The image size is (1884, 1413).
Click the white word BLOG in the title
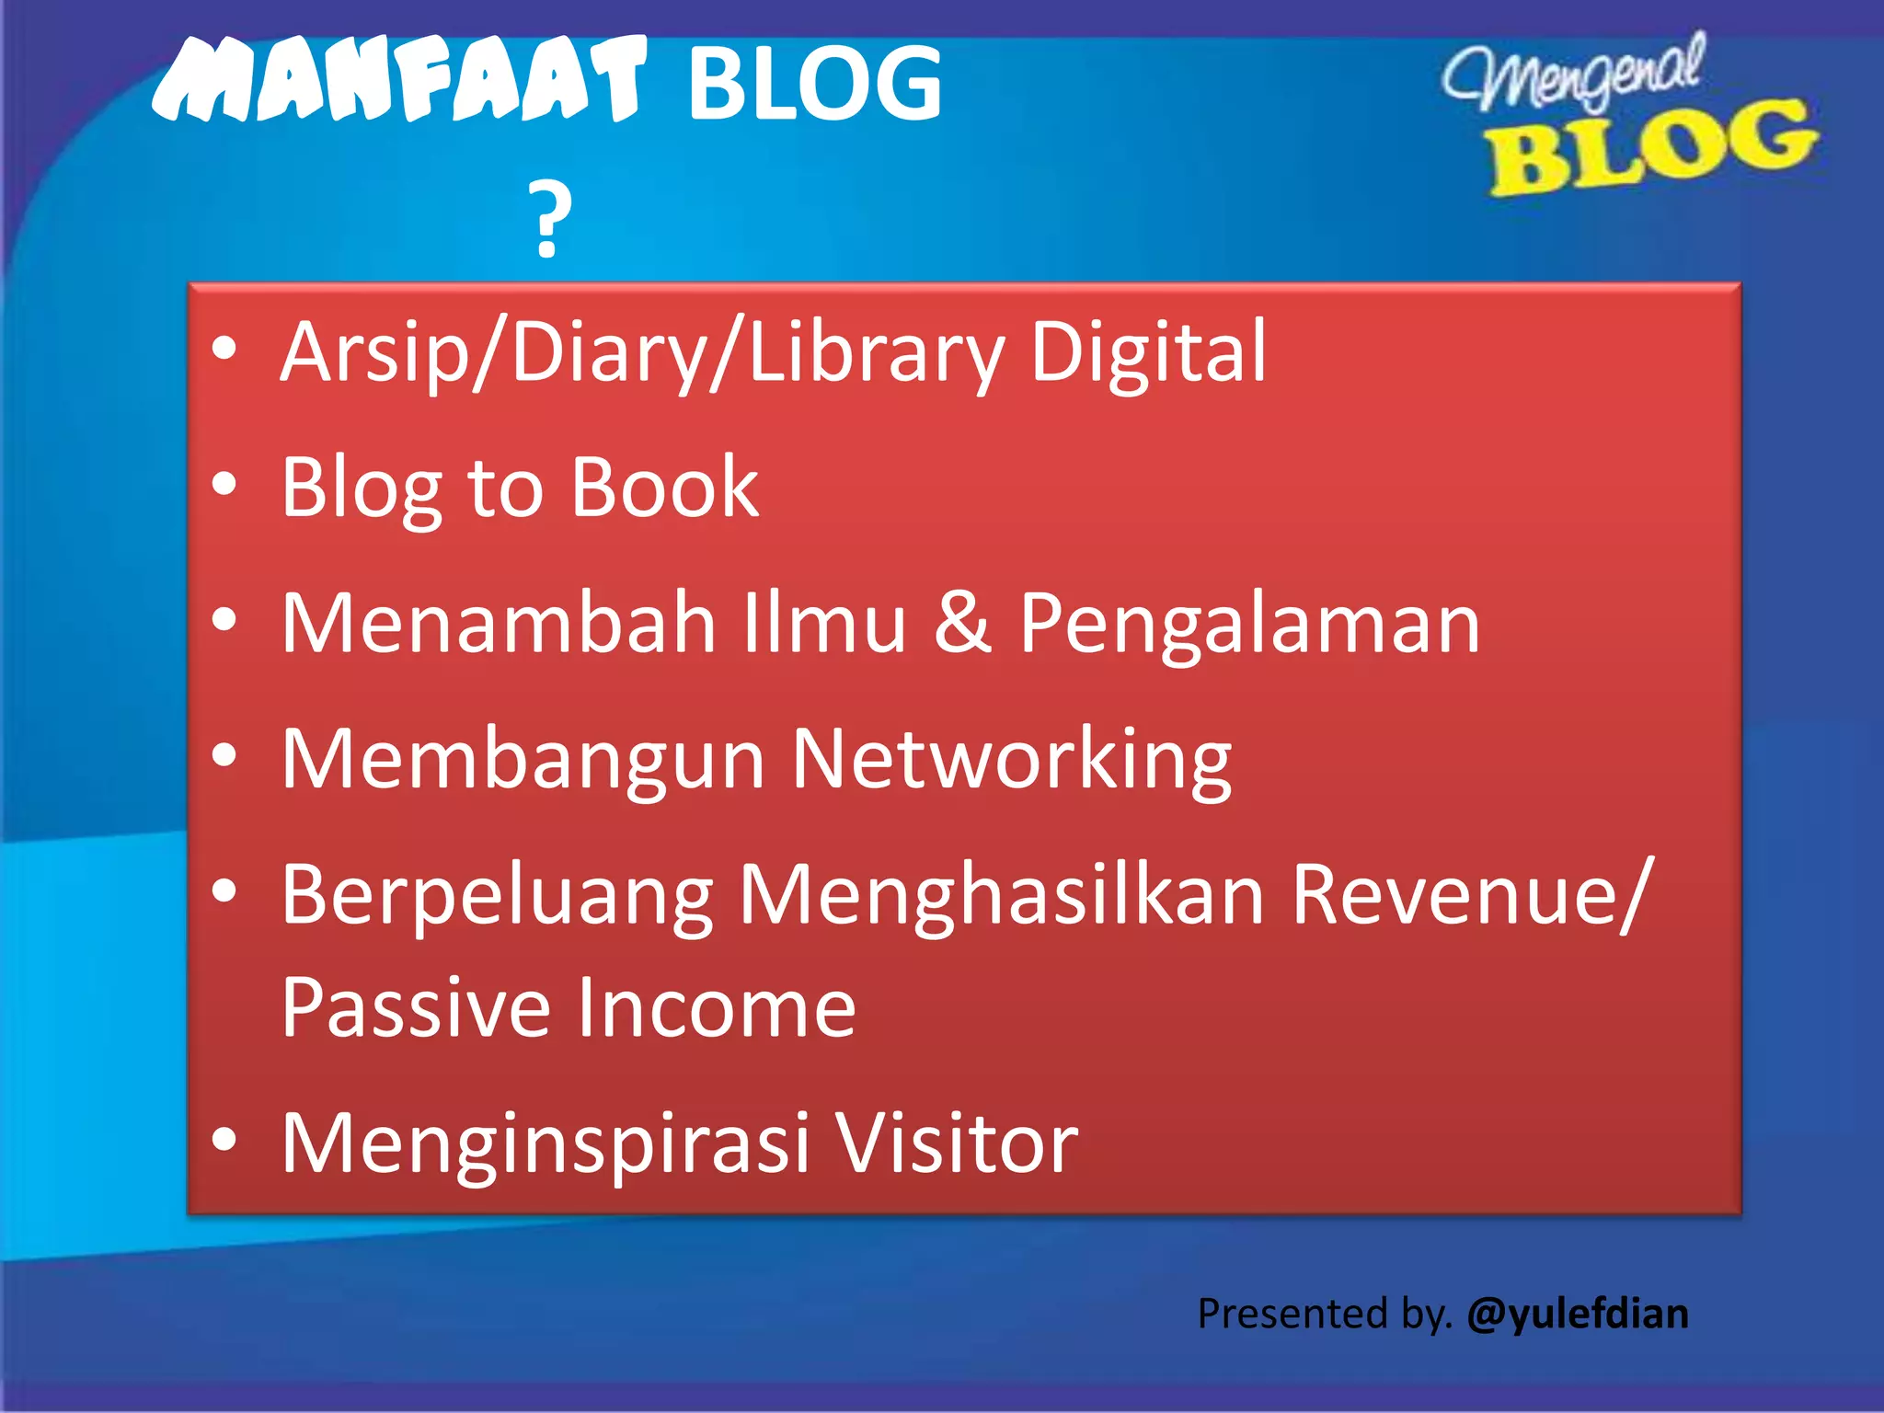point(815,85)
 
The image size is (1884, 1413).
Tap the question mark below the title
point(550,221)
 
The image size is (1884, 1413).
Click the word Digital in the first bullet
point(1148,351)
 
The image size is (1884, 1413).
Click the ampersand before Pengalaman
point(962,623)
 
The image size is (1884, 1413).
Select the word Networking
point(1012,760)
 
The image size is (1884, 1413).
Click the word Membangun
point(523,760)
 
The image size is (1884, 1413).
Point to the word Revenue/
point(1472,894)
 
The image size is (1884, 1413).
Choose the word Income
point(717,1007)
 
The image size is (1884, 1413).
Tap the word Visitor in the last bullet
point(957,1143)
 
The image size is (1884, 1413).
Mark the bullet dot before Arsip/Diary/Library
point(224,350)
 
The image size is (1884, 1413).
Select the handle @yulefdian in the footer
point(1578,1314)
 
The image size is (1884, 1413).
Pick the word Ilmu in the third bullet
point(824,623)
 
